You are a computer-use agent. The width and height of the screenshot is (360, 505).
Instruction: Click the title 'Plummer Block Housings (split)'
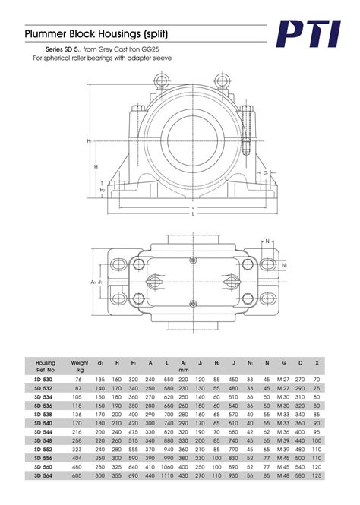[96, 35]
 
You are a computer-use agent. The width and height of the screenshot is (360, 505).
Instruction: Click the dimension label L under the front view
[193, 214]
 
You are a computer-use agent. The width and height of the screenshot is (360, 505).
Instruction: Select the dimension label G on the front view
[267, 172]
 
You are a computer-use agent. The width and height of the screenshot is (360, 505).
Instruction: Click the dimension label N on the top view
[268, 241]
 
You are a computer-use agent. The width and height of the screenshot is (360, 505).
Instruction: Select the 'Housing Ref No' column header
[46, 367]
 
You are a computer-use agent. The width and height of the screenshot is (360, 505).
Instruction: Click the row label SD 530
[44, 379]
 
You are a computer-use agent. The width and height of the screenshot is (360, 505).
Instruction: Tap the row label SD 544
[44, 431]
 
